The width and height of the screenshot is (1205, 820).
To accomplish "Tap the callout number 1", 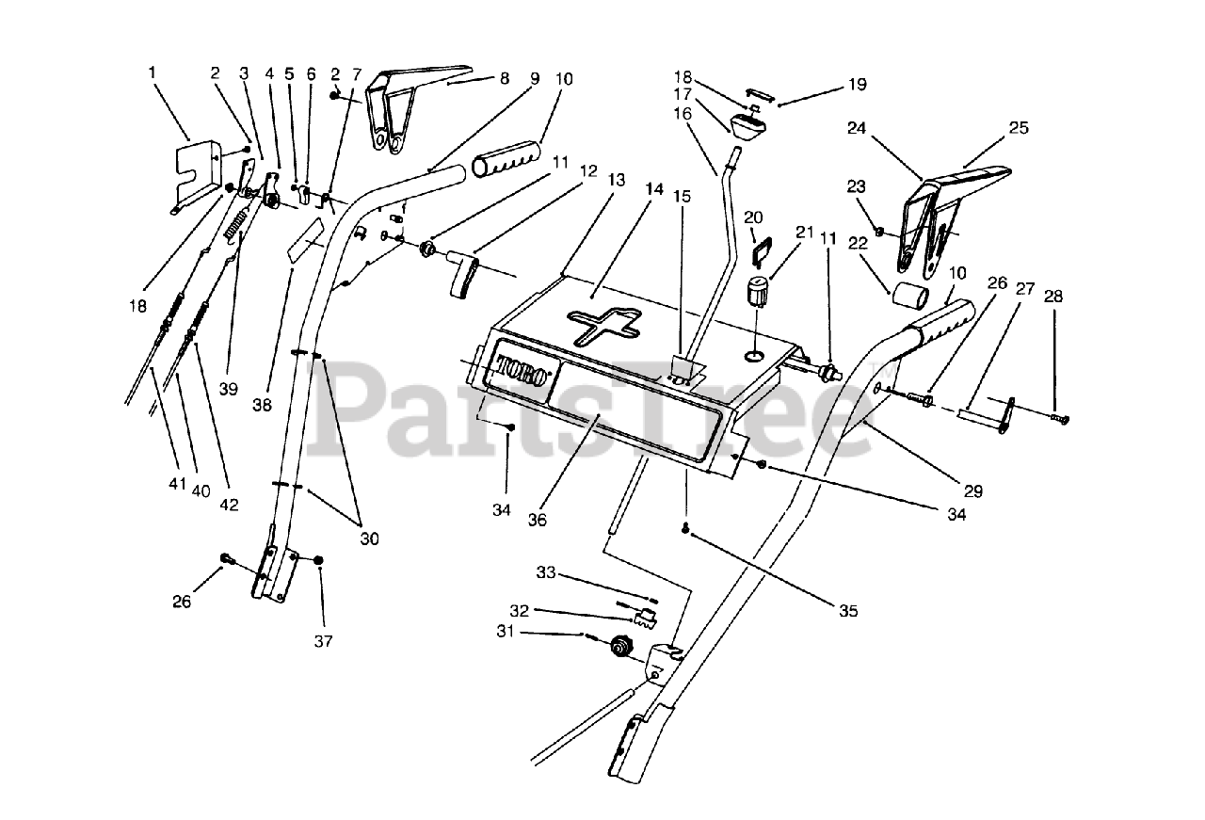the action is (153, 72).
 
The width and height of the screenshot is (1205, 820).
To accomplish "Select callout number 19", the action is (857, 85).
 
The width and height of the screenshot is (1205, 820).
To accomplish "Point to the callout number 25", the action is (1019, 127).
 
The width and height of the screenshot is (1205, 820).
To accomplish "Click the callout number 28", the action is (1053, 296).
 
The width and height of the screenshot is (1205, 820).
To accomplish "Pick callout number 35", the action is (848, 611).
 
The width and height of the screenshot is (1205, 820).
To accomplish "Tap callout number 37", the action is (323, 641).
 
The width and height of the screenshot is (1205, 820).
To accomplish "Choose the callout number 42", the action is (229, 505).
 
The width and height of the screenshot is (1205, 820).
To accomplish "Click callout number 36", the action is (538, 520).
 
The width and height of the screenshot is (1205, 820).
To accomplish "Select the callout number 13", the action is (616, 180).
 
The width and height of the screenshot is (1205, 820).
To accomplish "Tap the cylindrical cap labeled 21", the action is (757, 292).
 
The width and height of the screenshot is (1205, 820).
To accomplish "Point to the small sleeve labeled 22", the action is (909, 295).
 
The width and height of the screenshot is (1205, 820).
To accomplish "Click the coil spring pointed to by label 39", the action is (235, 221).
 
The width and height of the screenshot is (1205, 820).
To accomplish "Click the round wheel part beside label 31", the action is (623, 646).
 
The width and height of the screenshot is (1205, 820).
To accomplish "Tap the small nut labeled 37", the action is (318, 561).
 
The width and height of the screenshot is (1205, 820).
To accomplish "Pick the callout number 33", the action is (545, 572).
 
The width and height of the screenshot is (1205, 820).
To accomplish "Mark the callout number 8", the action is (504, 78).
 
